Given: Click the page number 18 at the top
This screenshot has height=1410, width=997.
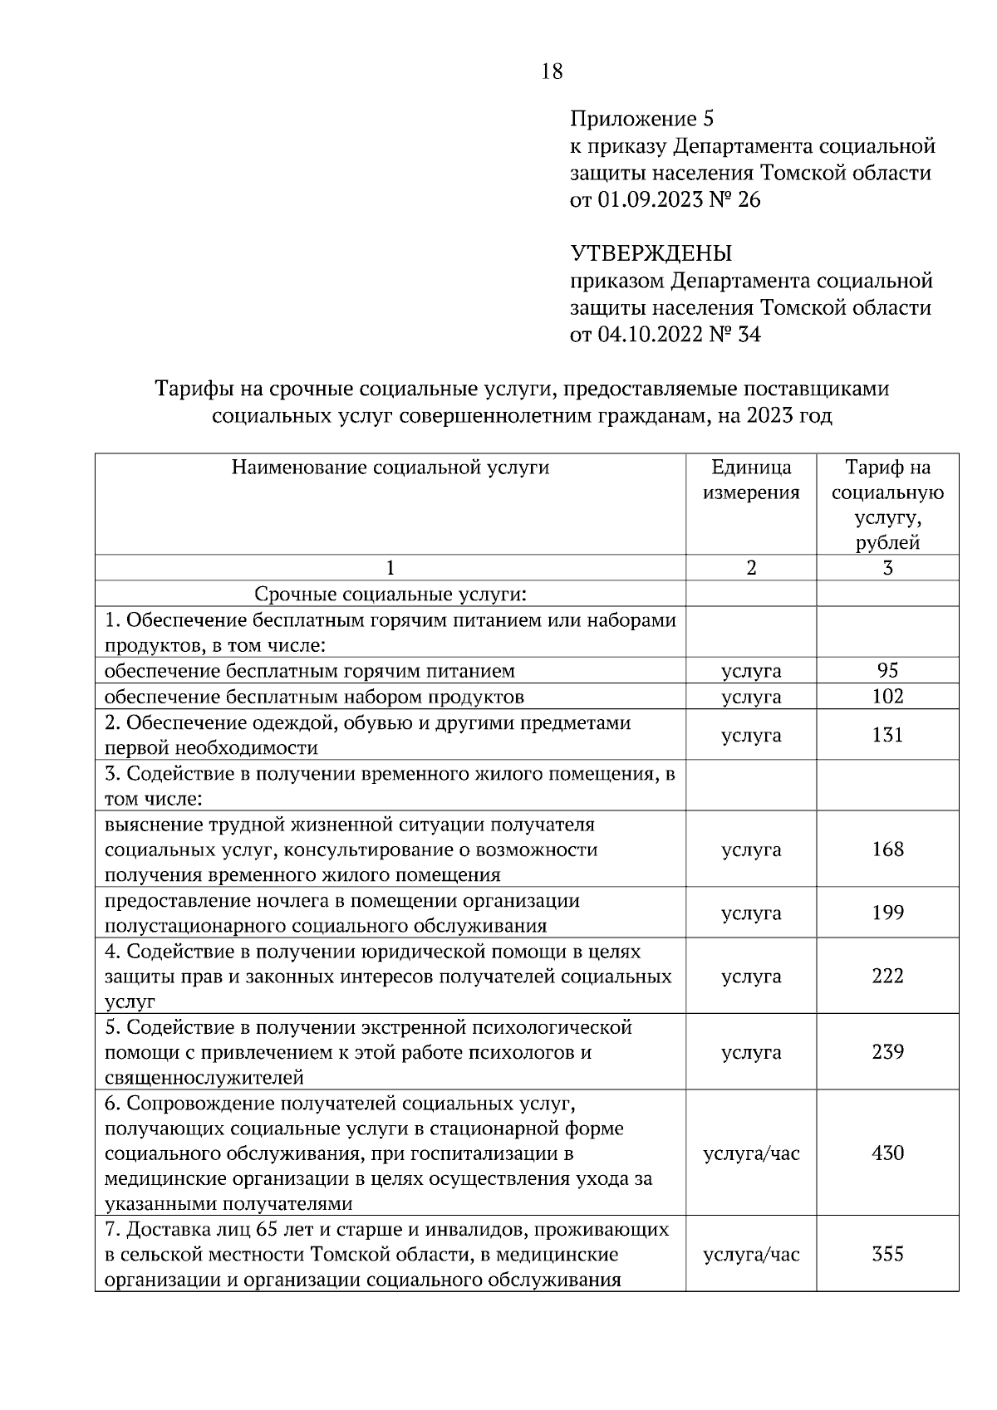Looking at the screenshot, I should [x=552, y=71].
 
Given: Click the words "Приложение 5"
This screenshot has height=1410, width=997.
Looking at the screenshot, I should [x=641, y=119].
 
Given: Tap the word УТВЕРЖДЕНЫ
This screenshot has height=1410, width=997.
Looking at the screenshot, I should [x=651, y=253].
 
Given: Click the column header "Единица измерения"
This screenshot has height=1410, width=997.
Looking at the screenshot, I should [x=751, y=480].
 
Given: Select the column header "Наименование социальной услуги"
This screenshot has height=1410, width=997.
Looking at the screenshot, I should [x=390, y=468].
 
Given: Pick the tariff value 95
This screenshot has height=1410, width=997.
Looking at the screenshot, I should [x=887, y=671].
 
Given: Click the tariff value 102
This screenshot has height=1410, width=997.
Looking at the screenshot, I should [x=887, y=696].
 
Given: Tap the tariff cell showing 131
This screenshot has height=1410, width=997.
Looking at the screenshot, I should [x=887, y=735].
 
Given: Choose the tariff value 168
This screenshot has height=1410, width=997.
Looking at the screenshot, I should [x=887, y=849].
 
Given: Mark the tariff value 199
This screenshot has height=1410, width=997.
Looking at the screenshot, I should [x=887, y=913].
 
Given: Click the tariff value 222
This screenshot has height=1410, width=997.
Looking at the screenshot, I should [x=887, y=977].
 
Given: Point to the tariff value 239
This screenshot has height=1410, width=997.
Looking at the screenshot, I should [x=887, y=1052].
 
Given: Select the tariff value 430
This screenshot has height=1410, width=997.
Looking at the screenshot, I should [x=887, y=1153].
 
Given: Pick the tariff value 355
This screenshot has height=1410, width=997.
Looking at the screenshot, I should [x=887, y=1254].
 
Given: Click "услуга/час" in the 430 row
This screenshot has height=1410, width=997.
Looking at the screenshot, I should [x=751, y=1153].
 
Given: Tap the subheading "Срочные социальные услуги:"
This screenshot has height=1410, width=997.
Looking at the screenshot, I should [x=390, y=595].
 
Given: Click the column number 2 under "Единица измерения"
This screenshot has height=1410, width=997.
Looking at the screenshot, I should [x=751, y=568].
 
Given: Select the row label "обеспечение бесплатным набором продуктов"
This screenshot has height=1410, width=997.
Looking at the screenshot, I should [x=314, y=696].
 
